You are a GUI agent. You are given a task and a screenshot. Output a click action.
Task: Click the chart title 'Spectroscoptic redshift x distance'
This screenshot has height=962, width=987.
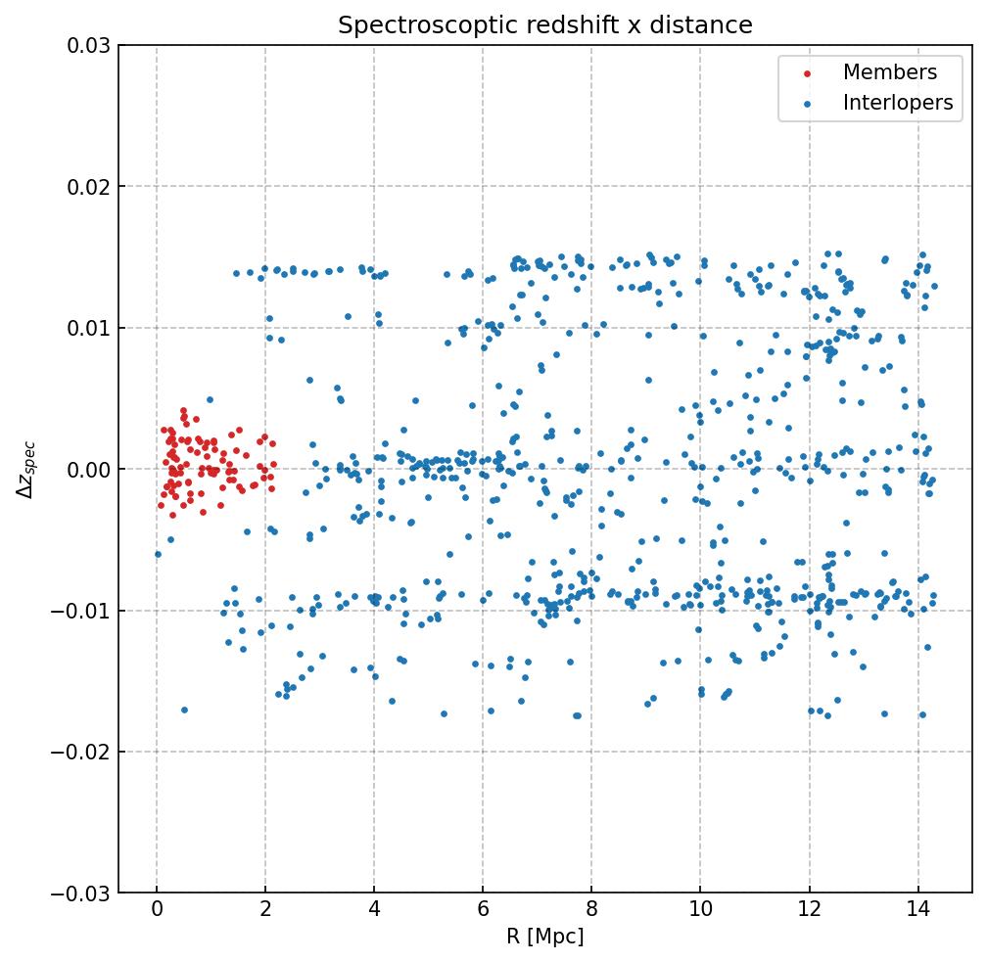[x=545, y=25]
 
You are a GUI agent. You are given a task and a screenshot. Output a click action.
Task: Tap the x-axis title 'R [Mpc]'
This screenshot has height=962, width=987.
[x=545, y=937]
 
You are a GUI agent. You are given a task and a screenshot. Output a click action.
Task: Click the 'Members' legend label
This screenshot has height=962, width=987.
[x=890, y=72]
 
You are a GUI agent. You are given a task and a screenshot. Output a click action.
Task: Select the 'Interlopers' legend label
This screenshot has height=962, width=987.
[x=898, y=103]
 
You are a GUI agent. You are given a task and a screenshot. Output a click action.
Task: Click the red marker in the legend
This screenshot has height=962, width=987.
[x=806, y=73]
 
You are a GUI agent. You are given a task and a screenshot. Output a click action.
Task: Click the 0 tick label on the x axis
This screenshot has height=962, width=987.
[x=157, y=912]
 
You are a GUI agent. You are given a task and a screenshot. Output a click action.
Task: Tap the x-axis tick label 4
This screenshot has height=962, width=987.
[x=374, y=912]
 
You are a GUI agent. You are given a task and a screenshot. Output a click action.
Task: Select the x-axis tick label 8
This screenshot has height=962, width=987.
[x=591, y=912]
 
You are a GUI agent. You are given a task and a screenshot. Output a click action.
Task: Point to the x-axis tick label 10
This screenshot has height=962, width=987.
[x=700, y=912]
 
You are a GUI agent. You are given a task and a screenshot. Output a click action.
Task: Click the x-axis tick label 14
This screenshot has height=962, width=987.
[x=917, y=912]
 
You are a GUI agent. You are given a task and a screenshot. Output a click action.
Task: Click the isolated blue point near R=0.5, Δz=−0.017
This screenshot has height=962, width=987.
[x=184, y=710]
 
